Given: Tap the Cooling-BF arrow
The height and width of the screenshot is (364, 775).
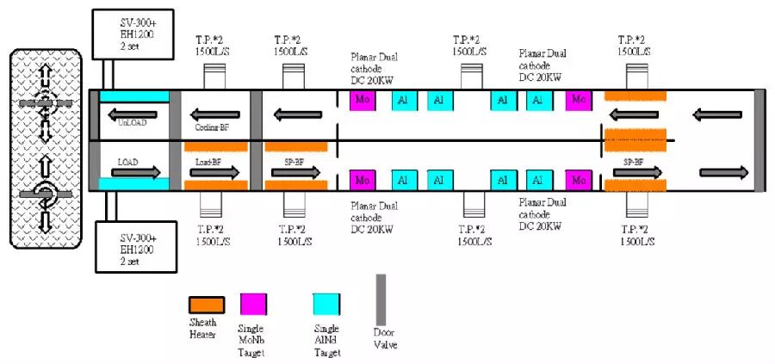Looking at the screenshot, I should coord(214,114).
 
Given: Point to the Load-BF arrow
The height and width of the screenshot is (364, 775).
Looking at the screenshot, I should coord(215,172).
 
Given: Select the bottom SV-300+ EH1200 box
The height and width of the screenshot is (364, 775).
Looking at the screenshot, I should coord(131,247).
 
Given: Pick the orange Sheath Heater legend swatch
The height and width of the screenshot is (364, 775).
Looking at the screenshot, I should coord(207,304).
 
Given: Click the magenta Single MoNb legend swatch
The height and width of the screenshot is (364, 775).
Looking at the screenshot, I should coord(253,304).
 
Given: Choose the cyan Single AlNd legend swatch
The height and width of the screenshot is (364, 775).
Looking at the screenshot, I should coord(328,304).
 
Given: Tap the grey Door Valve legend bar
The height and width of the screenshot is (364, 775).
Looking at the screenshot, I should coord(381,300).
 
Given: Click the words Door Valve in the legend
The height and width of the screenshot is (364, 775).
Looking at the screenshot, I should coord(384,340).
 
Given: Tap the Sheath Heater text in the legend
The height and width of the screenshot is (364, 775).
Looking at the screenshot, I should coord(204,330).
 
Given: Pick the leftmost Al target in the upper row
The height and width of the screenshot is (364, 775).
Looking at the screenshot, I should coord(402,101).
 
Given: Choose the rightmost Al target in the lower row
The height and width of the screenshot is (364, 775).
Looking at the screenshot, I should coord(539,181).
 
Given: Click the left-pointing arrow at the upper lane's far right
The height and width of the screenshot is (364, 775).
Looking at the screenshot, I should coord(716,114).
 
